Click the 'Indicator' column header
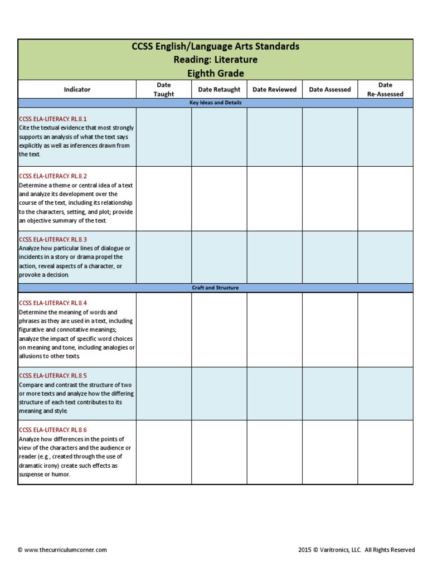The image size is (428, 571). coord(77,89)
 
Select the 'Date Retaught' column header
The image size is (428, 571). coord(219,89)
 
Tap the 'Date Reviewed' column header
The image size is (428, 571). coord(274,89)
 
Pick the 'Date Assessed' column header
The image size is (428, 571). coord(330,89)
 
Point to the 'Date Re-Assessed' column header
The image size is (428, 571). coord(385,89)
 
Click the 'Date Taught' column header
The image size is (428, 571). coord(164,89)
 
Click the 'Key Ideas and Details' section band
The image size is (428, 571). coord(215,103)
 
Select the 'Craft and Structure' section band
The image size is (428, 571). coord(215,288)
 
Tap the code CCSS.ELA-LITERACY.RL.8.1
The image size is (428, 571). coord(53,119)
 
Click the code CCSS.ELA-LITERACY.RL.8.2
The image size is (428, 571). coord(53,176)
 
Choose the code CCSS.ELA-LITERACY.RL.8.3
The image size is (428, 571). coord(53,239)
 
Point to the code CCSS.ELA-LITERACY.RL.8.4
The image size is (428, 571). coord(53,303)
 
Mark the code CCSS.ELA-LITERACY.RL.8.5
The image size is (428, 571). coord(53,376)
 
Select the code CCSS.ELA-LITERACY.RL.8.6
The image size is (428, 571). coord(53,430)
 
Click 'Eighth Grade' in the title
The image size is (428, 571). coord(215,74)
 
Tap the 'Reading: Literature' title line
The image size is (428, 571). coord(215,60)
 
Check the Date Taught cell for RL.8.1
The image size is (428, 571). coord(164,137)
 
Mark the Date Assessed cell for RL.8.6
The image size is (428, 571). coord(330,452)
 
